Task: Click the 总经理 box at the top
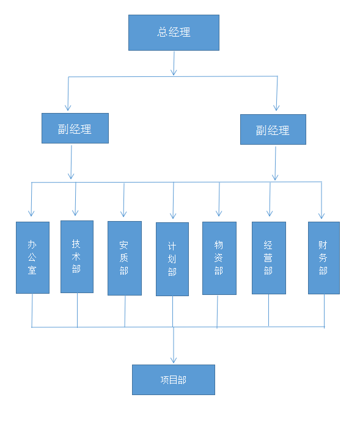[174, 32]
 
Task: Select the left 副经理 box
[75, 128]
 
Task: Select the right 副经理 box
[273, 129]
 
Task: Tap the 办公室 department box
[32, 258]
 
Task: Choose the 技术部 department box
[77, 256]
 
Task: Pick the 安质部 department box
[125, 258]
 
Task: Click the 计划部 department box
[172, 259]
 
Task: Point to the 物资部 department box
[219, 258]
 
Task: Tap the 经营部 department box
[269, 258]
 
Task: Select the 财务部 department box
[324, 258]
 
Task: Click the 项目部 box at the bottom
[174, 380]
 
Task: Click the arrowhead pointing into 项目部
[174, 360]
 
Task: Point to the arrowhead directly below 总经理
[174, 72]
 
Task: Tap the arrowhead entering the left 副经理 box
[68, 107]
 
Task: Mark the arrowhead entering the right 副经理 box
[276, 107]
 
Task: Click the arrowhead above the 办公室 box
[31, 213]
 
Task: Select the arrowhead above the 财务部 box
[321, 215]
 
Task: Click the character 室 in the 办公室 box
[32, 271]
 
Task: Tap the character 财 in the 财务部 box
[323, 245]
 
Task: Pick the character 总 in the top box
[162, 32]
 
